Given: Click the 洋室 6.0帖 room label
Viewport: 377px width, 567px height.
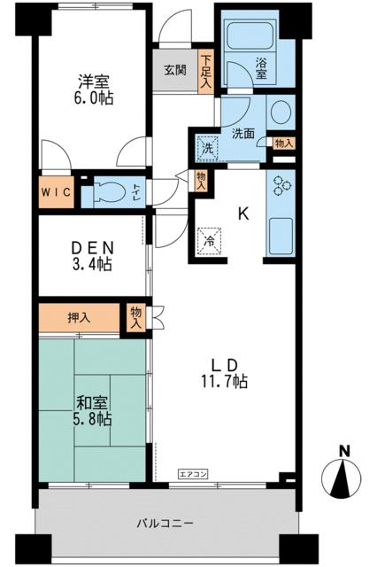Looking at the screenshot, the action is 94,89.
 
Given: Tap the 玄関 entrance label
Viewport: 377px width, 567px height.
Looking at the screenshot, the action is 175,70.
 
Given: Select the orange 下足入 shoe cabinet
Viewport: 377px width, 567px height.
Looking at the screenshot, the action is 206,71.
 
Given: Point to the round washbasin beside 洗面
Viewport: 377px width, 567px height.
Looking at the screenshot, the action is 281,111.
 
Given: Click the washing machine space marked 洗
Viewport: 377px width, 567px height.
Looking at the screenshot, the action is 207,147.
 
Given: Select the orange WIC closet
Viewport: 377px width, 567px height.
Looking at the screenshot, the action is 56,192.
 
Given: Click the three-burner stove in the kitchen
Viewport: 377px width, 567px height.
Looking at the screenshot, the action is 281,185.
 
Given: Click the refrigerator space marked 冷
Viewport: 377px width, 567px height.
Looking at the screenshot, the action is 209,241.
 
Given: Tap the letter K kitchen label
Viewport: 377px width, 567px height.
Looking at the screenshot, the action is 243,214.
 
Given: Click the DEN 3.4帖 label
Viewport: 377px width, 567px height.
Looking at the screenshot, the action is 92,256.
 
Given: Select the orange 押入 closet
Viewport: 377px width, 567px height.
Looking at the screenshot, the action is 79,317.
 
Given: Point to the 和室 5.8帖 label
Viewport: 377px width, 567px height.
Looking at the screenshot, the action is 94,410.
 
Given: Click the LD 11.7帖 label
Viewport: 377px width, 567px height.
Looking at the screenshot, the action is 224,373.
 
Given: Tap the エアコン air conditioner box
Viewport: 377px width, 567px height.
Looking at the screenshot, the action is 193,473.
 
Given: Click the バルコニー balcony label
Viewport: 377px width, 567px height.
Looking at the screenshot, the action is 165,523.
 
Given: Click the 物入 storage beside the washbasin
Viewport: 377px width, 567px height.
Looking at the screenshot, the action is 284,143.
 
